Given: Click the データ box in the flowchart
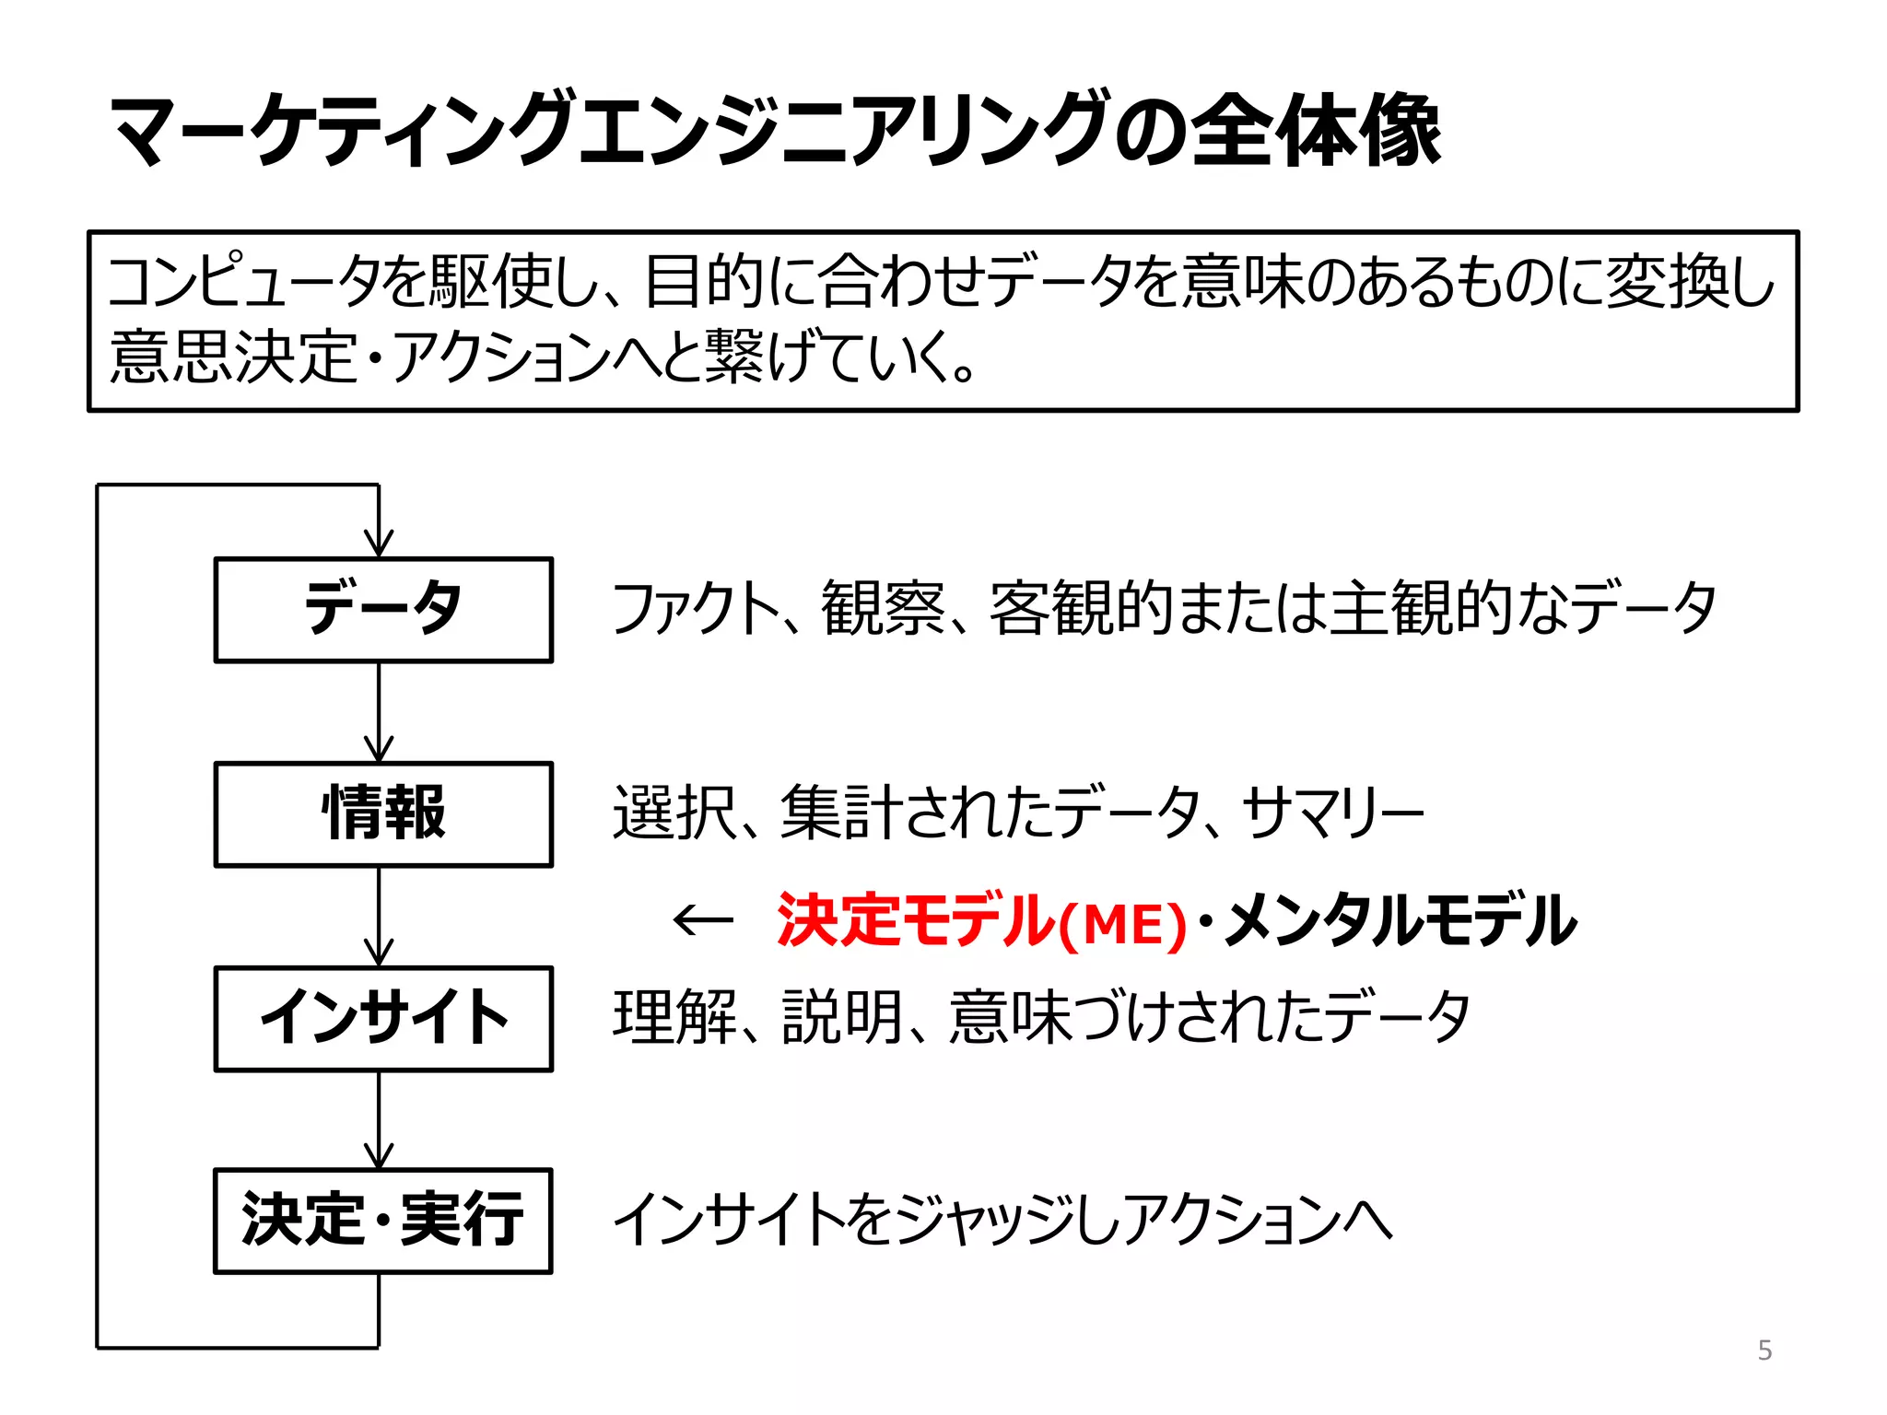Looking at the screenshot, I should click(383, 610).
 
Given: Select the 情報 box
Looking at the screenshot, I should click(383, 814).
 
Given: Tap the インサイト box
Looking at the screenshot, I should click(383, 1019).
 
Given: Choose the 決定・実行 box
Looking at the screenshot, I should click(383, 1221).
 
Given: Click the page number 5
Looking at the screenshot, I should click(1764, 1351).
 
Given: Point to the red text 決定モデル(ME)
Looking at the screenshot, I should click(982, 920).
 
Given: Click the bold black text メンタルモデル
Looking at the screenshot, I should click(1401, 920).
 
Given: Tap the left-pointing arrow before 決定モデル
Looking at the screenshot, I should click(703, 919).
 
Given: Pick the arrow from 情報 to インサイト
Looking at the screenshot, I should click(379, 916).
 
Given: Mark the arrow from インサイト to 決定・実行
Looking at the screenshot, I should click(379, 1119).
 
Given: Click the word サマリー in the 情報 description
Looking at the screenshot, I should click(1331, 813).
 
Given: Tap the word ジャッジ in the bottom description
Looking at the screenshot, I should click(986, 1220).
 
